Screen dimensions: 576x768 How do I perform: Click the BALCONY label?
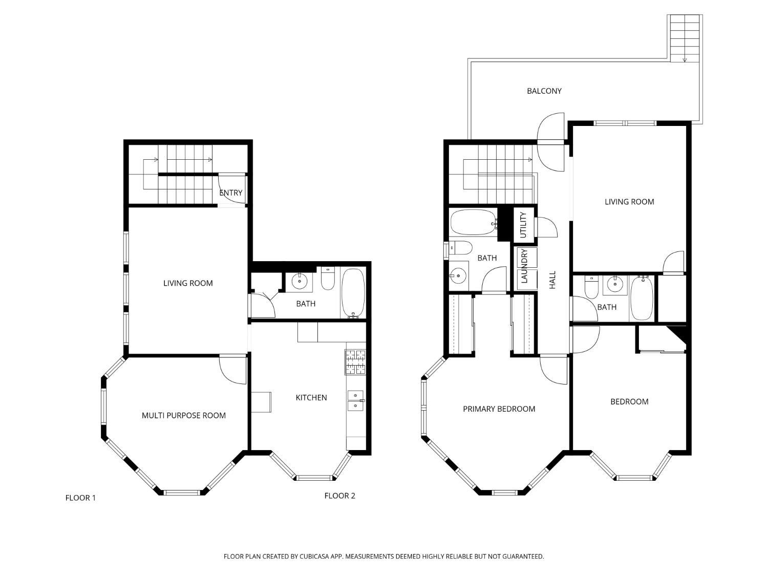544,91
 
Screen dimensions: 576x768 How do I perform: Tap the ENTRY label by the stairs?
230,193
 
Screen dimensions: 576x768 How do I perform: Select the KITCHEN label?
311,398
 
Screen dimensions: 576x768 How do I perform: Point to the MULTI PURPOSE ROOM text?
183,416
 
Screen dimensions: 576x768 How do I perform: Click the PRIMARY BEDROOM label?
499,409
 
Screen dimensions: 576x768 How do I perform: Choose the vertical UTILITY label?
523,224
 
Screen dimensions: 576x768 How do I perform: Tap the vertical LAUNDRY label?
524,266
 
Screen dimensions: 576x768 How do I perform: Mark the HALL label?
552,280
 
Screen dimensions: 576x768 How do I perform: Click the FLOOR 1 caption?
80,498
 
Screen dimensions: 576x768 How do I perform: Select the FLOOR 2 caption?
339,496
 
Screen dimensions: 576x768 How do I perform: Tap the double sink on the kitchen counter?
355,400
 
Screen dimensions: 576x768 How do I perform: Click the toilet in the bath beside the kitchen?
328,279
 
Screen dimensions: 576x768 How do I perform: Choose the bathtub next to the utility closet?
473,222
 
